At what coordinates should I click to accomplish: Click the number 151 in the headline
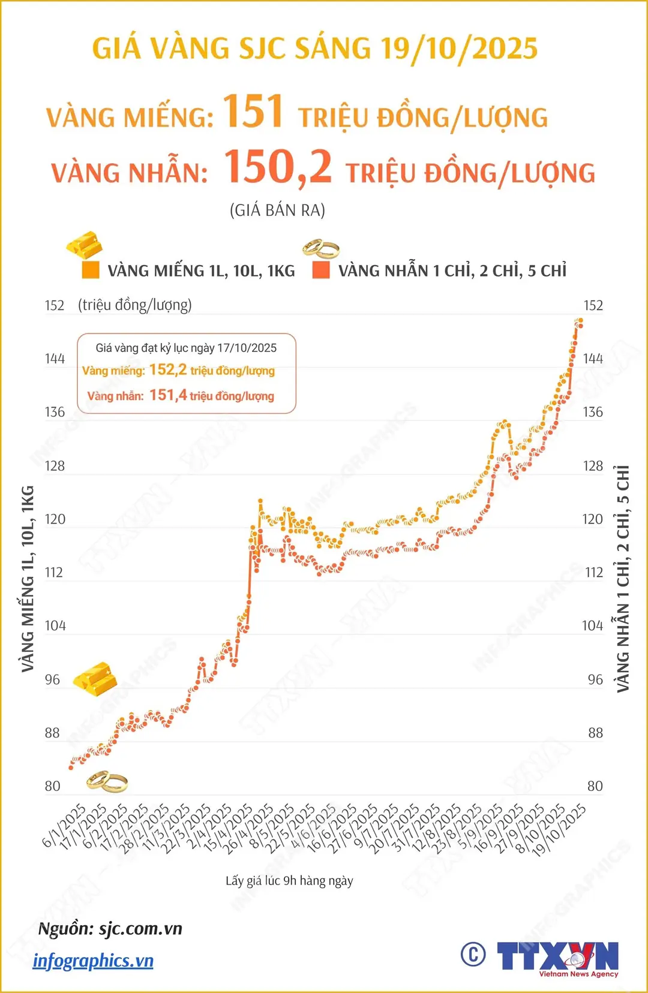point(253,112)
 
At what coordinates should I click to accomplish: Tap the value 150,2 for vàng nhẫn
point(278,167)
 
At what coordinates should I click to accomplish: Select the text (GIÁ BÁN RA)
point(277,210)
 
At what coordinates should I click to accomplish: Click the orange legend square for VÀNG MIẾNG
point(90,270)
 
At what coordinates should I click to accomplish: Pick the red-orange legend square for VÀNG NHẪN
point(322,270)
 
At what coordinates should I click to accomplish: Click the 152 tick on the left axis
point(55,305)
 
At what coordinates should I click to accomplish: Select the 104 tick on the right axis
point(592,626)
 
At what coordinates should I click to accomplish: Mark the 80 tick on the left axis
point(53,786)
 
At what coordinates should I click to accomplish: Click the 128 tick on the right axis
point(593,466)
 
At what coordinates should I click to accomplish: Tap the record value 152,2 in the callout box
point(168,369)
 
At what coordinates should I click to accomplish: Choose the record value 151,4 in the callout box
point(168,395)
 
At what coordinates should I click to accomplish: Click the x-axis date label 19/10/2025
point(559,831)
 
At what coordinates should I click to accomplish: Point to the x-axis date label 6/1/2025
point(64,826)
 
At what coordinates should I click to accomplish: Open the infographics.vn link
point(93,961)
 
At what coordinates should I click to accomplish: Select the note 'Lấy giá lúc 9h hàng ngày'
point(289,881)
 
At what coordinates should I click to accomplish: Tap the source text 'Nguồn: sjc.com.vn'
point(110,929)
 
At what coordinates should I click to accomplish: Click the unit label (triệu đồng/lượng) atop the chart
point(135,305)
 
